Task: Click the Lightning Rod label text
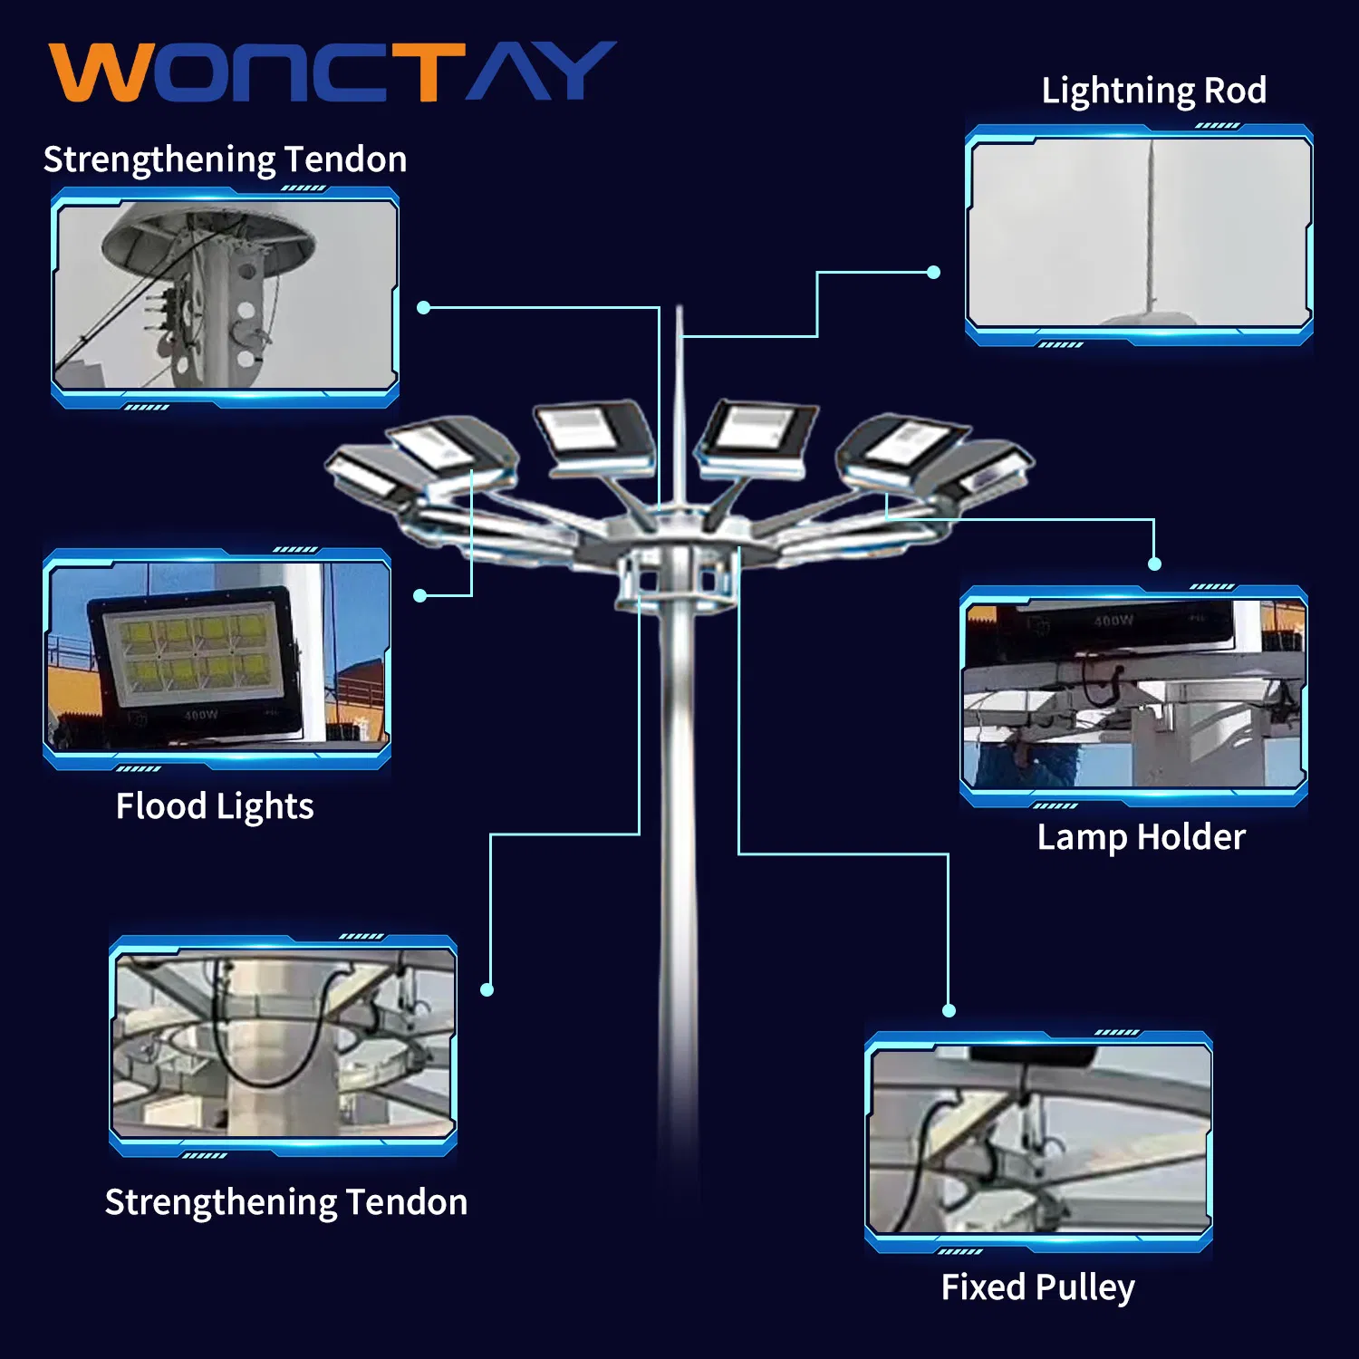click(1153, 91)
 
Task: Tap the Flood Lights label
click(215, 806)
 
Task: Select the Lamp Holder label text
click(1141, 837)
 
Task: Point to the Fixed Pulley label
click(1037, 1287)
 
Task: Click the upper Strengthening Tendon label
click(225, 159)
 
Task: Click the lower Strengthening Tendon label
click(286, 1202)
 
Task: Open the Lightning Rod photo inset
click(1139, 233)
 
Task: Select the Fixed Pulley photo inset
click(1039, 1139)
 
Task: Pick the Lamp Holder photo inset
click(1133, 693)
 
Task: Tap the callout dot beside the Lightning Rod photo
click(934, 272)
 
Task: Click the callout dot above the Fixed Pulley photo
click(949, 1010)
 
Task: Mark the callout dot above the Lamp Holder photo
click(1154, 564)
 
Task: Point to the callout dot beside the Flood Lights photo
click(419, 595)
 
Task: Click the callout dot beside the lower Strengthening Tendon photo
click(487, 989)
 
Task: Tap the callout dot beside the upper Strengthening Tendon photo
click(423, 308)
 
